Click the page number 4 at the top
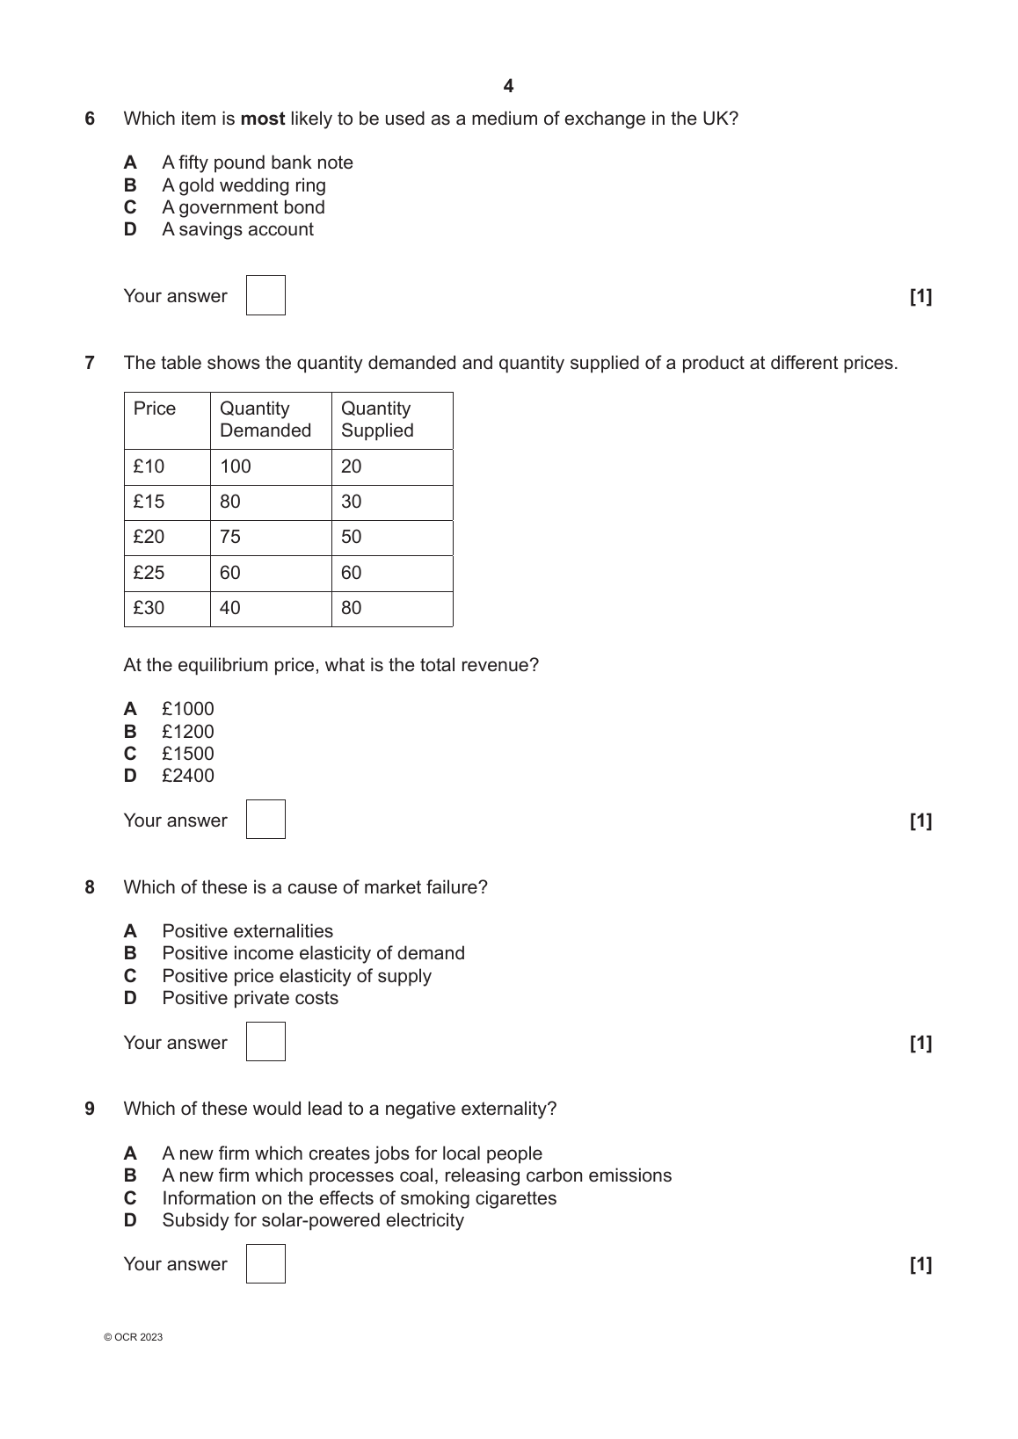[x=508, y=86]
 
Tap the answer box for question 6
[x=265, y=295]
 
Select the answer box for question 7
[x=265, y=819]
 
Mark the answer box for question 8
[x=265, y=1041]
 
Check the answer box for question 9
[x=265, y=1263]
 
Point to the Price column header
[x=155, y=409]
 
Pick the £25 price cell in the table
[x=149, y=573]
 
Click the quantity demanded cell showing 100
[x=236, y=466]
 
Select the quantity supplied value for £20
[x=352, y=537]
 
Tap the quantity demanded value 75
[x=230, y=537]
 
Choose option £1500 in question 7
[x=187, y=754]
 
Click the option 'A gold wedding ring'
[x=244, y=185]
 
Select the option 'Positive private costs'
[x=250, y=998]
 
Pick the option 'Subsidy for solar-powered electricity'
[x=313, y=1220]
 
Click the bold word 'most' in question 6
[x=263, y=119]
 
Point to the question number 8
[x=90, y=887]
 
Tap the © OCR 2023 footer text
[x=134, y=1337]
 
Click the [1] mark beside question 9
[x=920, y=1264]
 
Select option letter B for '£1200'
[x=130, y=732]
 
